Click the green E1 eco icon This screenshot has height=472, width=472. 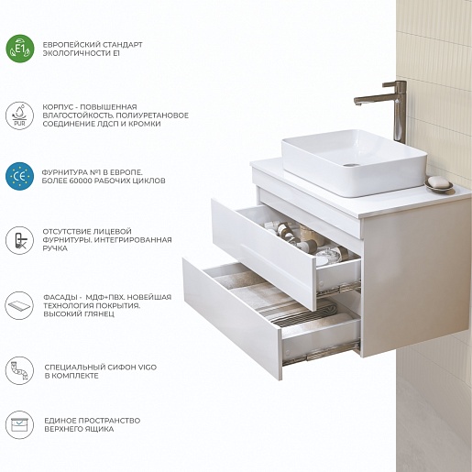[20, 49]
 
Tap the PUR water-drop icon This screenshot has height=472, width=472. [19, 115]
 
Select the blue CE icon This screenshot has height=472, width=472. [19, 176]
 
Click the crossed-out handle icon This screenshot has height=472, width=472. [19, 240]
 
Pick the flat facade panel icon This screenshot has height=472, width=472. [19, 305]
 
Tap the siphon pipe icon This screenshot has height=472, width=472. [19, 370]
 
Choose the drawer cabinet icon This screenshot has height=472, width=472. [19, 424]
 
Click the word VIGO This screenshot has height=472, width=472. [147, 367]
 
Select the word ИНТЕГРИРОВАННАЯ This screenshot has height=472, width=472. [133, 239]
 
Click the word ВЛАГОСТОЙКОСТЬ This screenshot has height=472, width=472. [78, 115]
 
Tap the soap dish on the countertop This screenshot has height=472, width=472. [439, 184]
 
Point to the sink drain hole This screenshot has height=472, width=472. [351, 165]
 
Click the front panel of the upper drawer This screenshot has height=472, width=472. [263, 254]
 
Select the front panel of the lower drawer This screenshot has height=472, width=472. [232, 319]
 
